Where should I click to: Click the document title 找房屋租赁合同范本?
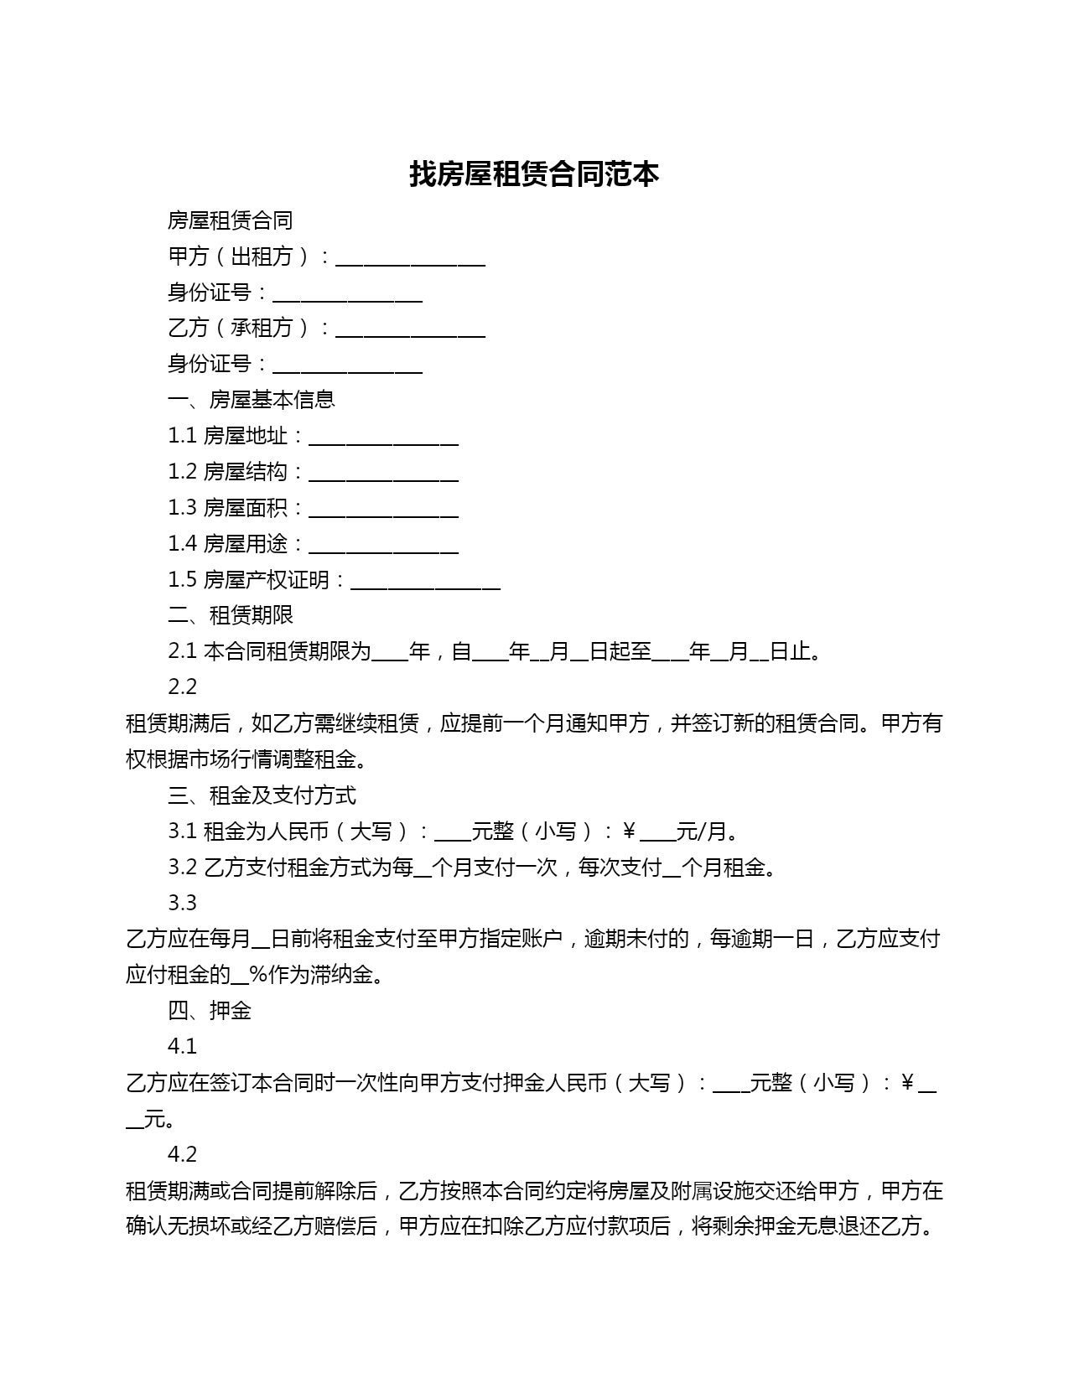point(534,174)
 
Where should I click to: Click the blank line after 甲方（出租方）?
point(410,261)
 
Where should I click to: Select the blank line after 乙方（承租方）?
point(410,332)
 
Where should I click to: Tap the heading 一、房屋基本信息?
point(251,400)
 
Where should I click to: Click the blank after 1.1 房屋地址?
point(383,440)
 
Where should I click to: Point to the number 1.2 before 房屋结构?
point(182,472)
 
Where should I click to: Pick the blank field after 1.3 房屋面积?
point(383,512)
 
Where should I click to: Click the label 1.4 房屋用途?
point(228,544)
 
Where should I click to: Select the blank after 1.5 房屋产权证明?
point(425,584)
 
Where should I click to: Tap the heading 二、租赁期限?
point(230,615)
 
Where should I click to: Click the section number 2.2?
point(182,687)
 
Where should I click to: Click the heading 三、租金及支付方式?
point(262,795)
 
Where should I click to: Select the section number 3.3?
point(182,904)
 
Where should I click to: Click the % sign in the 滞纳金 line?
point(257,975)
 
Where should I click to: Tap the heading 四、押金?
point(209,1011)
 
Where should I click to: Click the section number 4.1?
point(182,1047)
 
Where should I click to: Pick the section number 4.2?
point(182,1155)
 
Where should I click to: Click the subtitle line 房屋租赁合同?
point(230,220)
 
